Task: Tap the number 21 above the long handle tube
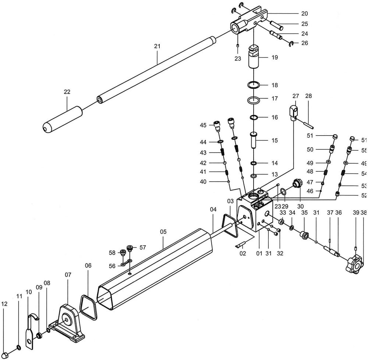(158, 46)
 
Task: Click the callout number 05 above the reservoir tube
(163, 232)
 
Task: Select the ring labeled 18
(254, 85)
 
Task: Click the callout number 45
(203, 125)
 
